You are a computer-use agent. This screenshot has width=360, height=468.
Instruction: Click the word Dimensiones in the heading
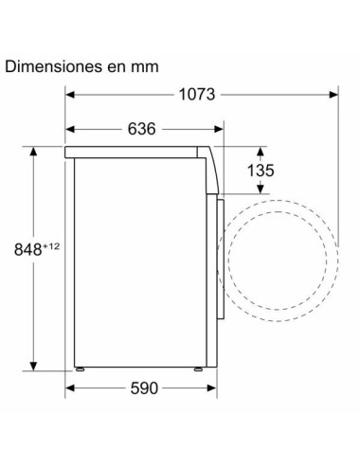[x=52, y=67]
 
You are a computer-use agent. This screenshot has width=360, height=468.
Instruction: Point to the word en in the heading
[x=114, y=67]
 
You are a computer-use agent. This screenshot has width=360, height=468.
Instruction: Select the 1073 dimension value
[x=197, y=94]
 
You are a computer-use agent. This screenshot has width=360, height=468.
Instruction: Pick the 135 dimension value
[x=260, y=171]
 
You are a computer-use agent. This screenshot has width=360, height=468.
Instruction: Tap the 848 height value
[x=27, y=249]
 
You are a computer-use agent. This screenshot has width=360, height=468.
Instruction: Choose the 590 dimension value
[x=142, y=389]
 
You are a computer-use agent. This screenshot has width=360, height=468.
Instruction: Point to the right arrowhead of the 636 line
[x=220, y=129]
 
